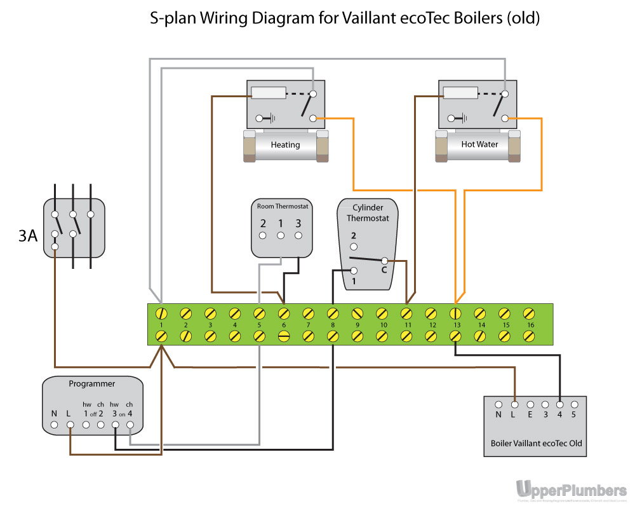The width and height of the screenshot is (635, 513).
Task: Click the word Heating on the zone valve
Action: click(x=285, y=145)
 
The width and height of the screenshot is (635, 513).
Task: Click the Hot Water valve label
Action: click(x=479, y=144)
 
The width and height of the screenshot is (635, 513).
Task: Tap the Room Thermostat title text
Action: click(x=282, y=207)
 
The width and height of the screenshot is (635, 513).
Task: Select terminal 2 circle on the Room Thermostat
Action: click(x=263, y=236)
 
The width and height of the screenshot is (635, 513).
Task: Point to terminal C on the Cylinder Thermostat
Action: click(x=384, y=261)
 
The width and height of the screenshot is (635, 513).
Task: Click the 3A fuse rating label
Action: click(x=27, y=236)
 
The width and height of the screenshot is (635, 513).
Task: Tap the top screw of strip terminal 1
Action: click(x=161, y=313)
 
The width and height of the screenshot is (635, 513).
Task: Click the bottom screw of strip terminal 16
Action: click(x=528, y=337)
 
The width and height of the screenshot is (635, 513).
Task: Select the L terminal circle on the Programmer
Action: click(x=70, y=425)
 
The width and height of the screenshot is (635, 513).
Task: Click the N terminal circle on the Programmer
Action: click(x=54, y=425)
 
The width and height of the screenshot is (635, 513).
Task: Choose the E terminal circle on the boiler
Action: click(x=530, y=404)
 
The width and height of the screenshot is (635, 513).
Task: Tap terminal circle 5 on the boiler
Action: click(x=574, y=404)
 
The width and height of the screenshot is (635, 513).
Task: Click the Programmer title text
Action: click(x=92, y=384)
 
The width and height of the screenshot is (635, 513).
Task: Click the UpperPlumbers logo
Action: click(x=571, y=490)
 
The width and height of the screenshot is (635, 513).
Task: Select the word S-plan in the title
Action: click(x=173, y=18)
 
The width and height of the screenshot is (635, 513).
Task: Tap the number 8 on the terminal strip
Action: click(x=333, y=325)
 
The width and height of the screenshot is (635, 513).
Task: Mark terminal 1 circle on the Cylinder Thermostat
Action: click(x=354, y=271)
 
